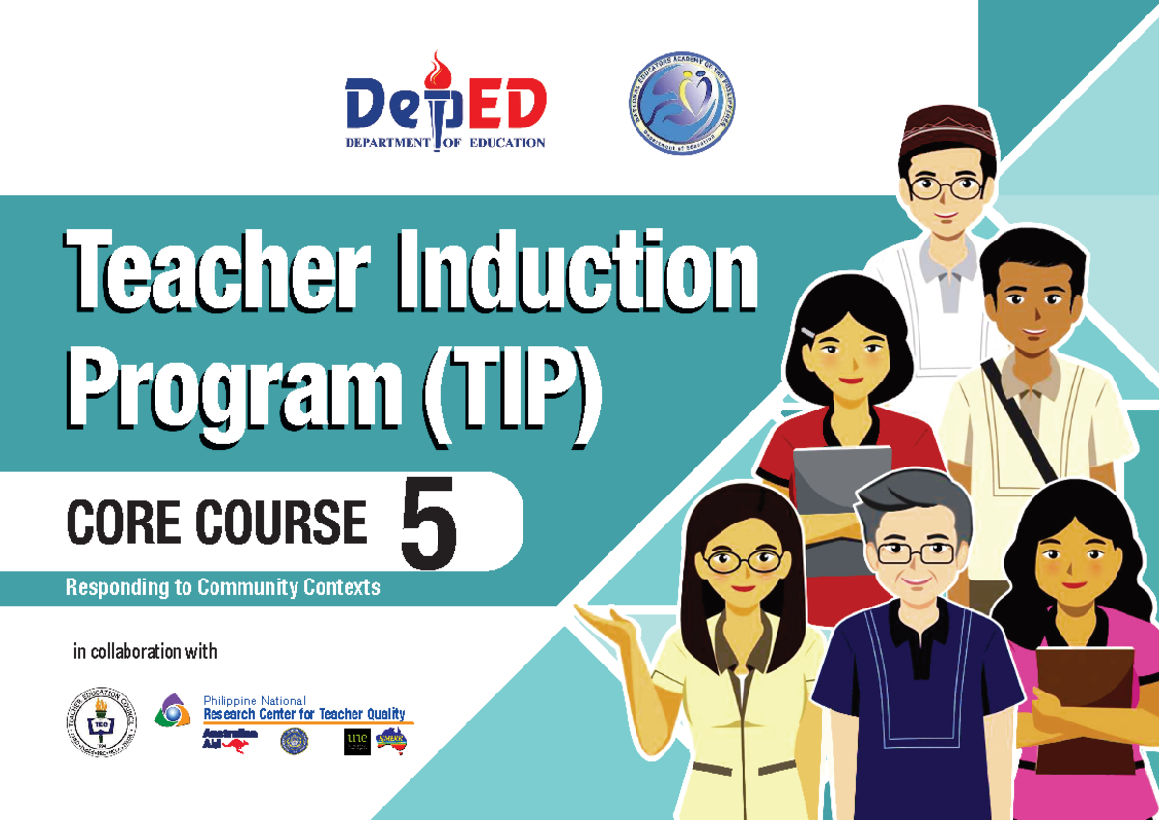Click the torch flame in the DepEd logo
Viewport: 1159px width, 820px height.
(x=440, y=71)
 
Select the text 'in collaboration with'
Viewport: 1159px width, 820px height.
(x=146, y=652)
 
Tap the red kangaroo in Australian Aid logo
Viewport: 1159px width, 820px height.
(x=235, y=745)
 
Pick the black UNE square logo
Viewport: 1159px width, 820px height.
(x=356, y=742)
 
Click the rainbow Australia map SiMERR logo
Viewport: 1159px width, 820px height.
(x=391, y=740)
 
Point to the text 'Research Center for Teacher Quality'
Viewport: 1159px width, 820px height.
(x=303, y=715)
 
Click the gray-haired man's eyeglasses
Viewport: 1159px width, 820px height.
(x=915, y=552)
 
